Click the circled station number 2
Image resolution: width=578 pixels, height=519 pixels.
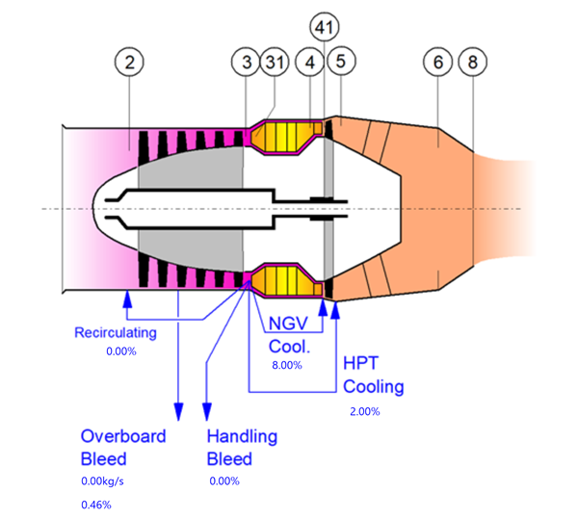[133, 63]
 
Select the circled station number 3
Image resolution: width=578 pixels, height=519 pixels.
[247, 63]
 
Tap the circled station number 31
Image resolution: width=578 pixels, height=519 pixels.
[276, 63]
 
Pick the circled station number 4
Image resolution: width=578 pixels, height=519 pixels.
[311, 63]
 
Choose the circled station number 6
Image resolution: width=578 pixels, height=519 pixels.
[438, 63]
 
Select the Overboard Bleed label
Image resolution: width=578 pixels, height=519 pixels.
[122, 447]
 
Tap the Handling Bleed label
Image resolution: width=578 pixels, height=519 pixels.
[242, 447]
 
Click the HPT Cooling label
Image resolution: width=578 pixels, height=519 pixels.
[373, 376]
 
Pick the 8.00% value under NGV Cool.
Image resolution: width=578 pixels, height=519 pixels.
[287, 366]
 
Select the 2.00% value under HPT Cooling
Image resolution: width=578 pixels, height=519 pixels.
[364, 412]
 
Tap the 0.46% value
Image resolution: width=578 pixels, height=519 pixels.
[95, 505]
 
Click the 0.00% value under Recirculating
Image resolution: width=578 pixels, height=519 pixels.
[121, 351]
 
